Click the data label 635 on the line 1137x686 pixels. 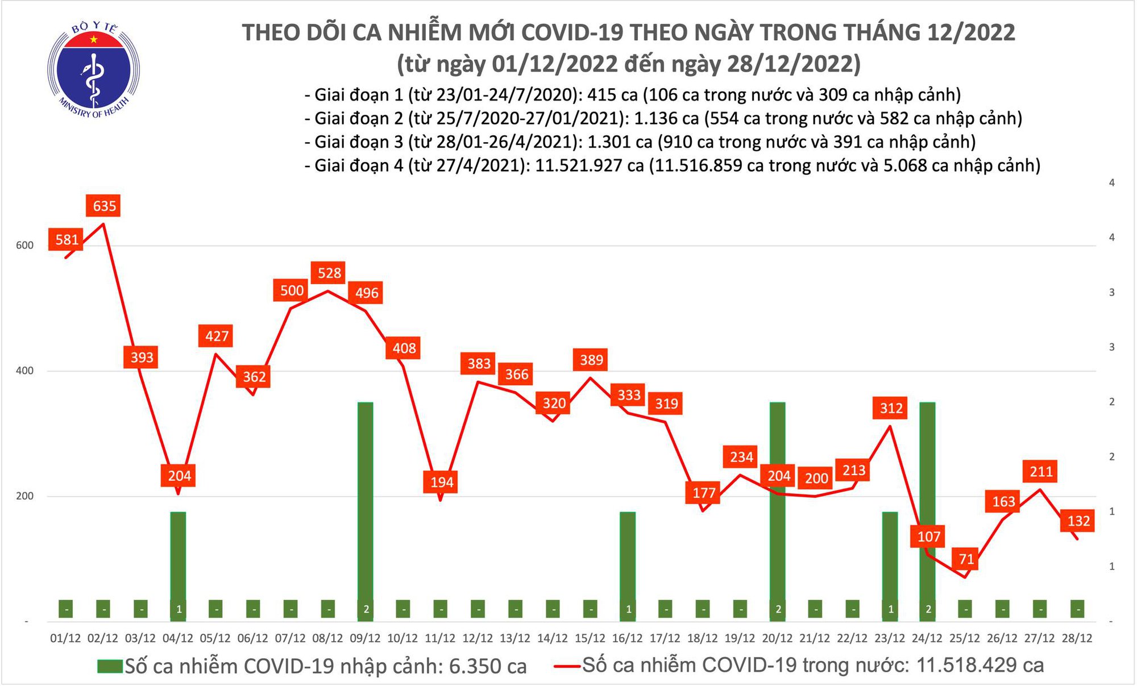coord(105,206)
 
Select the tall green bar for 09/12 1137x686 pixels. coord(366,506)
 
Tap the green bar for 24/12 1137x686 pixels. coord(927,506)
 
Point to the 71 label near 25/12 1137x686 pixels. coord(966,559)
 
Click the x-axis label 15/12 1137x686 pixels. coord(590,638)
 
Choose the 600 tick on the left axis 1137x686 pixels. coord(24,246)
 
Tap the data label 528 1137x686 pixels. coord(329,273)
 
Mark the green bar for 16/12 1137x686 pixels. coord(628,563)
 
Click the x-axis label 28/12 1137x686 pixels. coord(1077,638)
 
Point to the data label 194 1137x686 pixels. coord(442,483)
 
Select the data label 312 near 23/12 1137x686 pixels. coord(891,408)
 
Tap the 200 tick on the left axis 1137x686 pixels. coord(24,496)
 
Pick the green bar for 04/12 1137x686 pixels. coord(178,563)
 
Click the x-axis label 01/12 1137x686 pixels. coord(65,638)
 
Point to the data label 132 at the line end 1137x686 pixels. coord(1078,521)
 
